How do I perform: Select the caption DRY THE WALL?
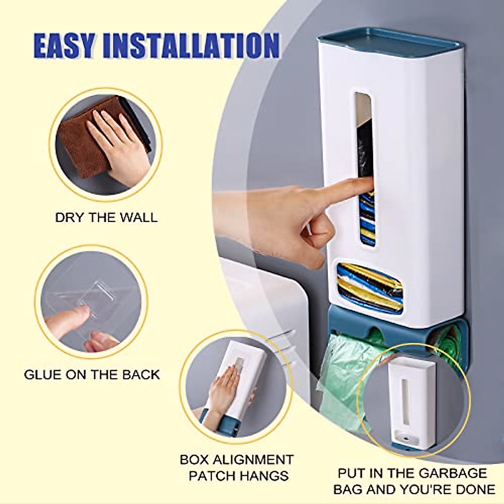[106, 218]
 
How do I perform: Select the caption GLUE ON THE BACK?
[92, 374]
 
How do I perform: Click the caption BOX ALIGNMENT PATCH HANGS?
[236, 467]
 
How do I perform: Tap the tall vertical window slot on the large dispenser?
[364, 168]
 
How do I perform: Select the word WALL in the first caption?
[138, 218]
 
